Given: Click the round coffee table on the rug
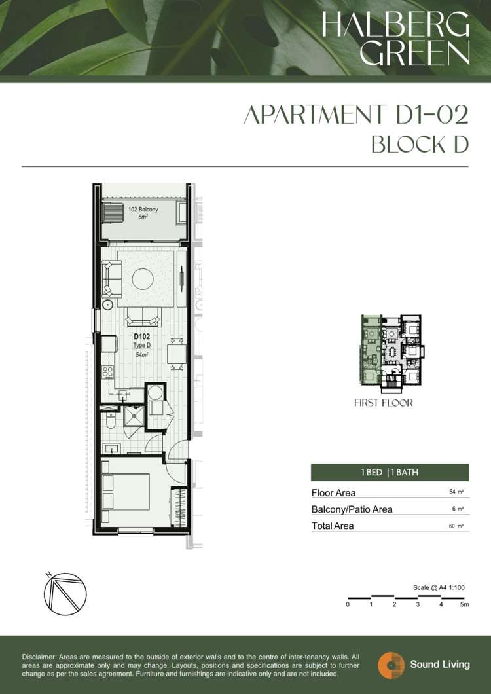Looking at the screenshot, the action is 143,279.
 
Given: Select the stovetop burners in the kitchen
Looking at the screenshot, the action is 107,373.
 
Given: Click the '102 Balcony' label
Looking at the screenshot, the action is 143,209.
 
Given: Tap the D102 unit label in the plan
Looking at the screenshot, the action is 141,337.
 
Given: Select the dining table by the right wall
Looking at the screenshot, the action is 176,354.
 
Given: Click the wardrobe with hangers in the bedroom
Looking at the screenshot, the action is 179,507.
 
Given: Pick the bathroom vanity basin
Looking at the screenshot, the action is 111,448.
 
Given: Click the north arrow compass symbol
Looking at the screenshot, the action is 65,594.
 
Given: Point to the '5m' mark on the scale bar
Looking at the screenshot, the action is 464,604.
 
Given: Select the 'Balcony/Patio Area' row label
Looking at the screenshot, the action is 352,509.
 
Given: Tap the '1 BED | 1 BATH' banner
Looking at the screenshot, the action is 390,472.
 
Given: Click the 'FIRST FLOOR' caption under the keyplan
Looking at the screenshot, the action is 384,403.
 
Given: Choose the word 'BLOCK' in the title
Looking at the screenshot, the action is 402,145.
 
